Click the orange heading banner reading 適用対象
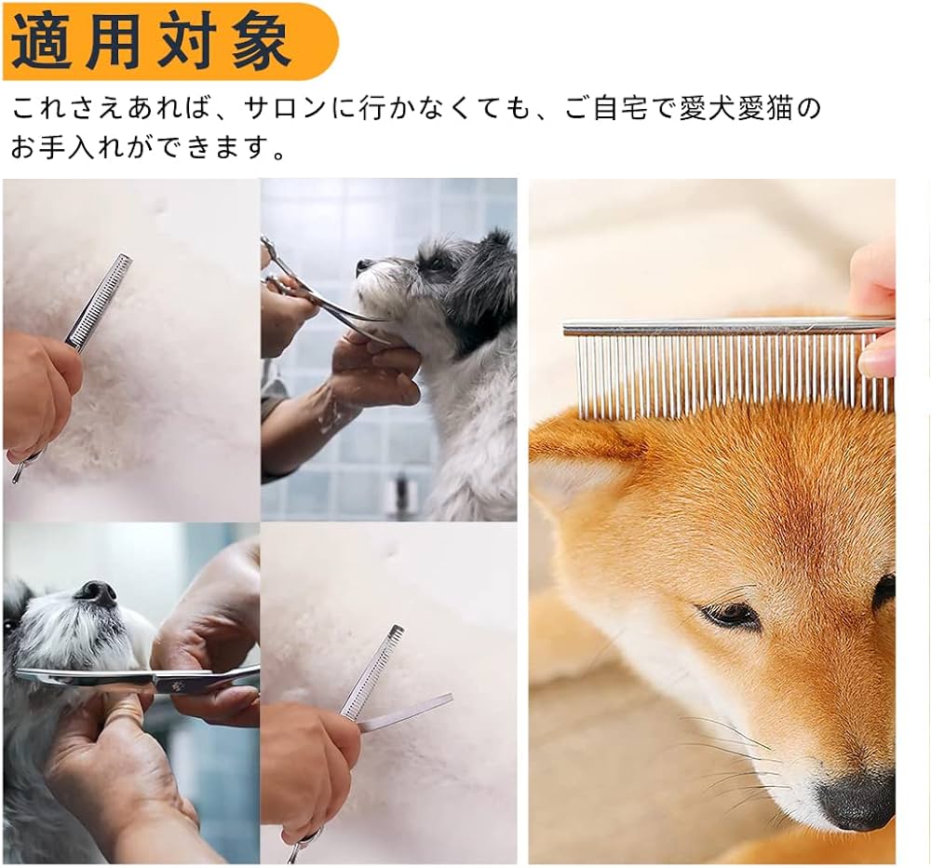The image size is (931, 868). point(169,40)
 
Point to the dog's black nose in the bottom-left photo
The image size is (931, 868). point(96,593)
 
